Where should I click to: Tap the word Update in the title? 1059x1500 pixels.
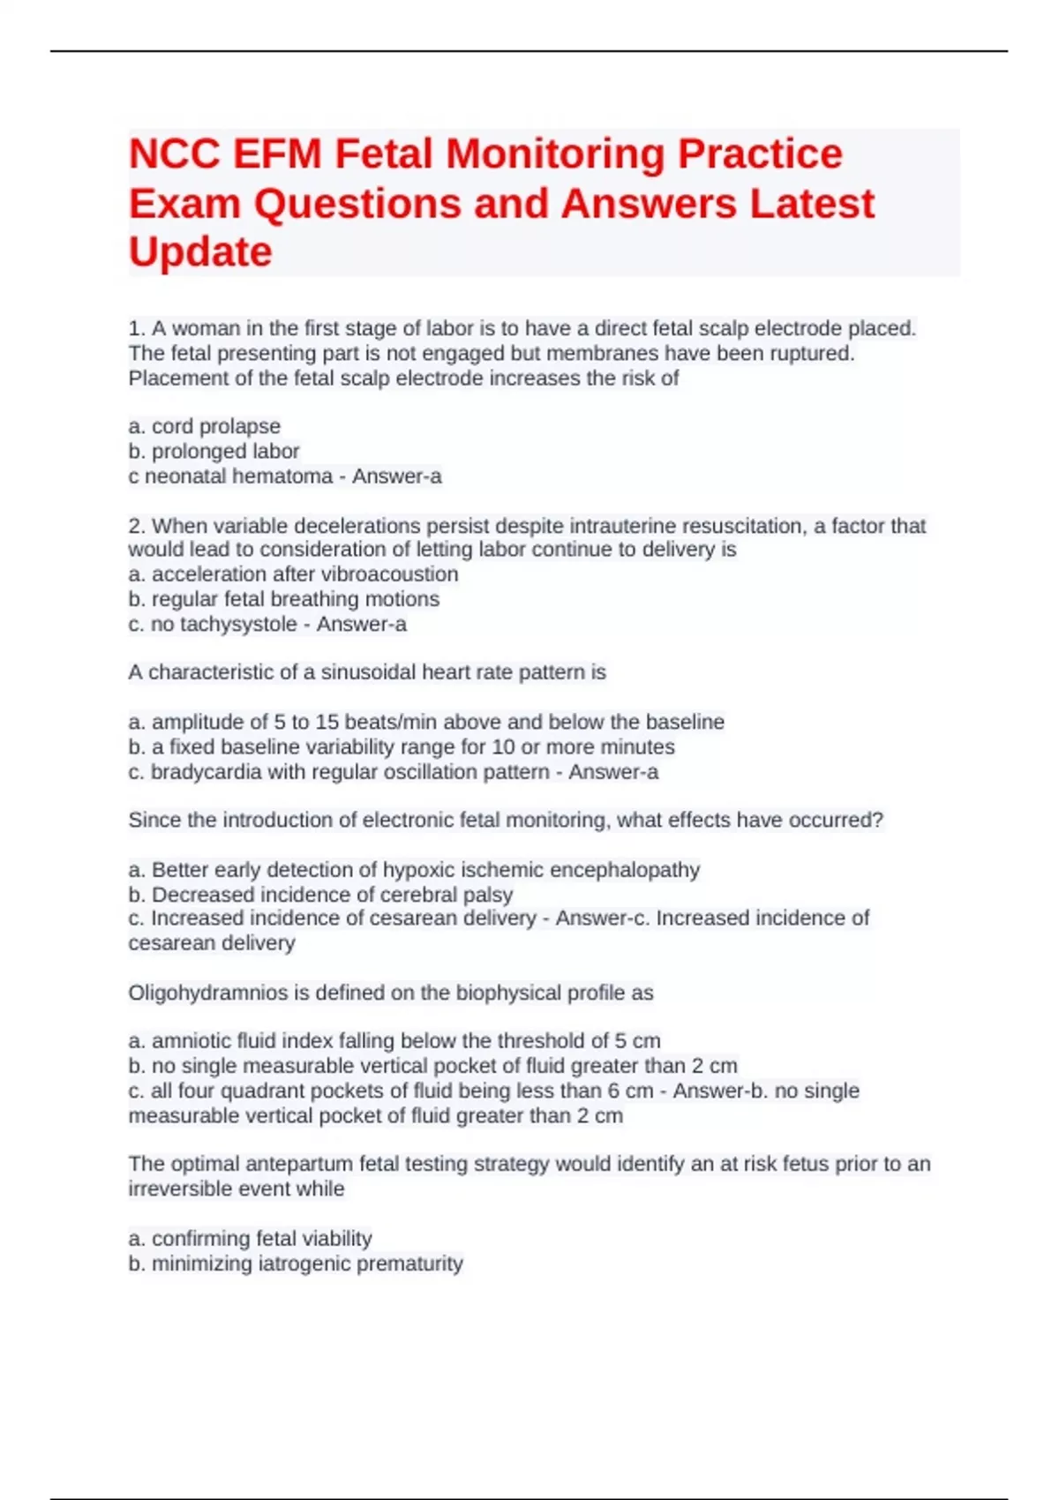pos(200,252)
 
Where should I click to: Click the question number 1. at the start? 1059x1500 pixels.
pos(137,329)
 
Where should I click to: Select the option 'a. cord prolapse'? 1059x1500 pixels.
pos(205,426)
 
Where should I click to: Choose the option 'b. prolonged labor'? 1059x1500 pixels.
pos(214,452)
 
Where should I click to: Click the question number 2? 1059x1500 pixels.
pos(137,526)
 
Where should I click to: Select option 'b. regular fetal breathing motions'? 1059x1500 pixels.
pos(284,599)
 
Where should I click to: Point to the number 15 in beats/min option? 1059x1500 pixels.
pos(327,722)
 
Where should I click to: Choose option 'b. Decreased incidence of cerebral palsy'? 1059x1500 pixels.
pos(320,895)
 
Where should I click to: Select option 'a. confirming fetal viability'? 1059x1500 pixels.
pos(251,1239)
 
